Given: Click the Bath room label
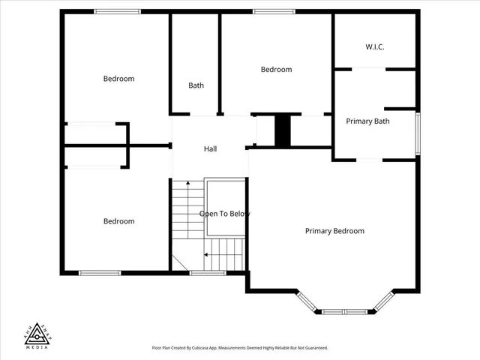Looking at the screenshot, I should (x=196, y=85).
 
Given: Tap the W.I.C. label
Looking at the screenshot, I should (x=375, y=46).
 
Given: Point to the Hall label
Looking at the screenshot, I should (x=211, y=149).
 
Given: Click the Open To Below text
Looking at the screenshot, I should (x=224, y=214).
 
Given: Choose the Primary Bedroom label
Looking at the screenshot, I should (x=334, y=231).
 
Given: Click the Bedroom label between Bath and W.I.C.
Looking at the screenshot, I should (x=276, y=70).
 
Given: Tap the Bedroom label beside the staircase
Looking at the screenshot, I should (x=118, y=221).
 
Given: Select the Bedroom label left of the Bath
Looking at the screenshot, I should (x=118, y=79).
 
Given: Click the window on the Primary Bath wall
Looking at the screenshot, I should (x=418, y=133).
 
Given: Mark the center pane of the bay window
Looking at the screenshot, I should (x=345, y=310).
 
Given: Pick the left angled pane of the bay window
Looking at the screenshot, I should (x=307, y=301).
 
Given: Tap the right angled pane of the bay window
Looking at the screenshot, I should (x=383, y=301).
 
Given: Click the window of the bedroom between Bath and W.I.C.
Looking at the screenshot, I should (x=274, y=11).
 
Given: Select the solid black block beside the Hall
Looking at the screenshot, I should (x=283, y=131).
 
